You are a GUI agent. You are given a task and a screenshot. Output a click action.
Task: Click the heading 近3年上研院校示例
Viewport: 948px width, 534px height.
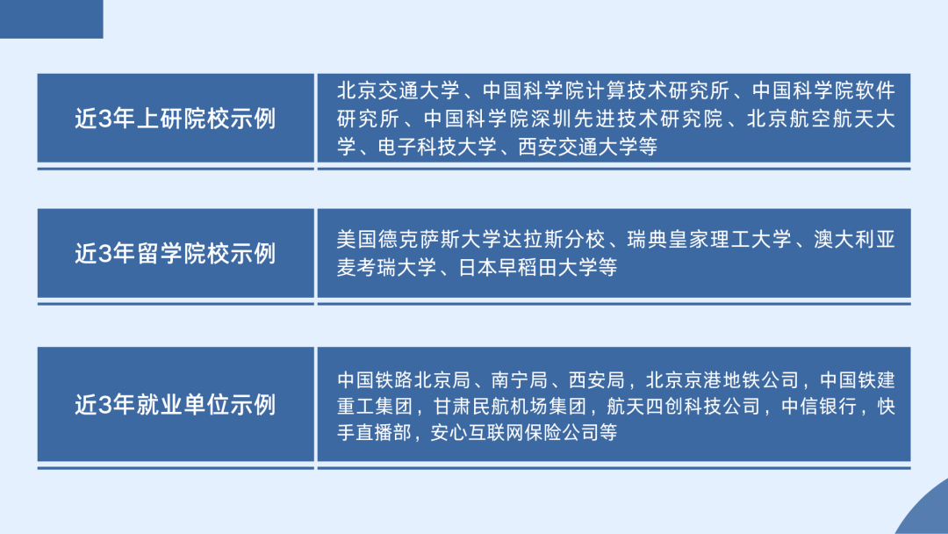176,119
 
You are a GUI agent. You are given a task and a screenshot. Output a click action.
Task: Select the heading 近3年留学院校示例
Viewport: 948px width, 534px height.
176,254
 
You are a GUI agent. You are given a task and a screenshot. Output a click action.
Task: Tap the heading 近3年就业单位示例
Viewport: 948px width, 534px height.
176,405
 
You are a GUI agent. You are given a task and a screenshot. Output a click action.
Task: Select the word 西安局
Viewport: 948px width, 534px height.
596,380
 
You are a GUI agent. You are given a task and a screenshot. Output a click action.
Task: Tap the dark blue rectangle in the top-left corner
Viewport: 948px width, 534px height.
51,18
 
